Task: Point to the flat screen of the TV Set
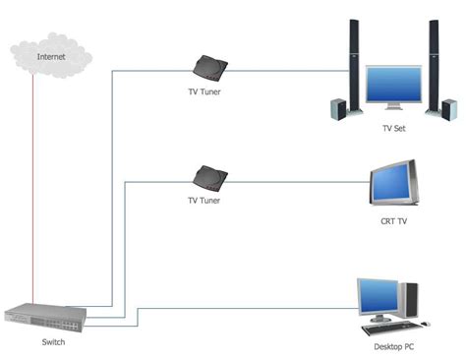393,86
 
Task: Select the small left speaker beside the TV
339,108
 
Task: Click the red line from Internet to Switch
32,187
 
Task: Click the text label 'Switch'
54,342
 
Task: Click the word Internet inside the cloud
52,57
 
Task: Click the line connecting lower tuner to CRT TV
295,179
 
